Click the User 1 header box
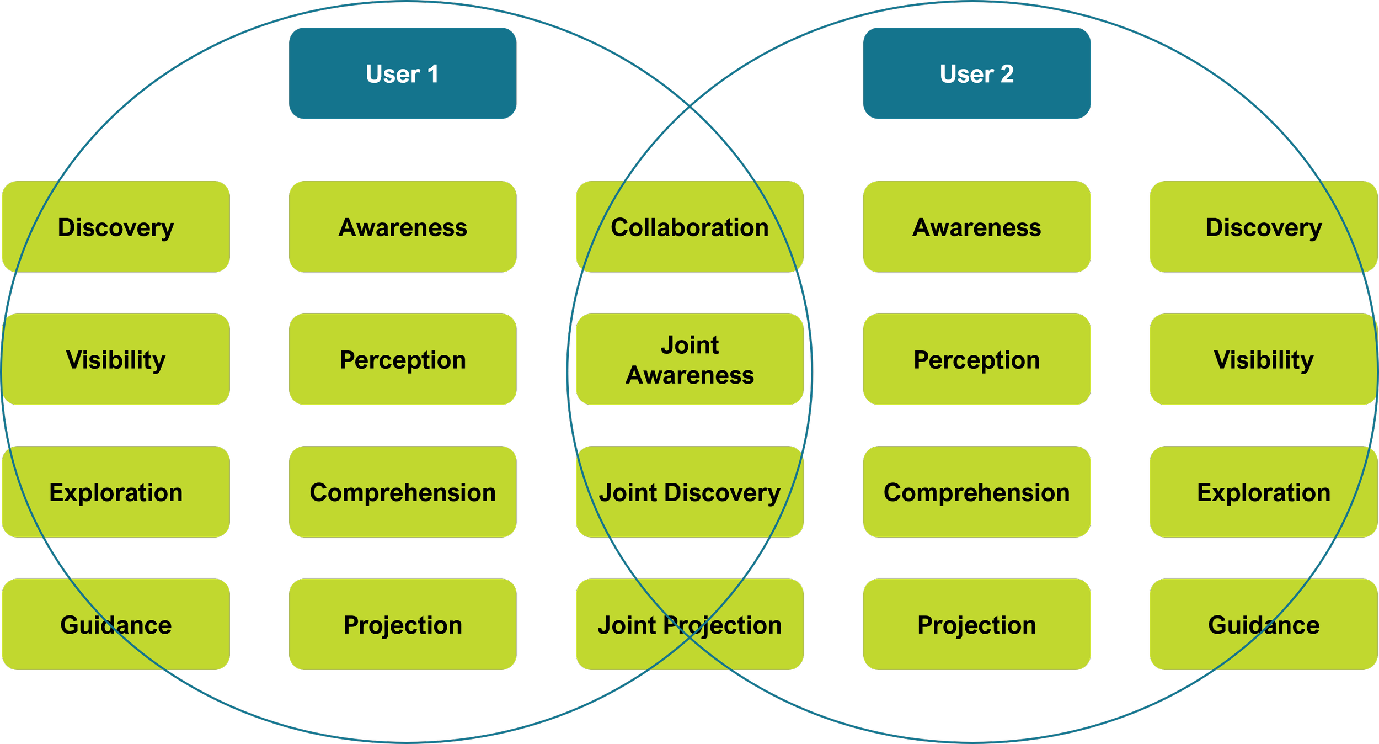(x=403, y=73)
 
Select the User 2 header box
(x=976, y=73)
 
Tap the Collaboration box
(x=689, y=227)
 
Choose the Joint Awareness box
(x=689, y=359)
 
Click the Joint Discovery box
(x=689, y=492)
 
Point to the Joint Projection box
(x=689, y=624)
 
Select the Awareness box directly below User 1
(x=403, y=227)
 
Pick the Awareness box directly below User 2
(x=976, y=227)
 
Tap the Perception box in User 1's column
(x=403, y=359)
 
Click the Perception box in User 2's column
(x=976, y=359)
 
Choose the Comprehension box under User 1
(x=403, y=492)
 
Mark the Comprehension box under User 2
(x=976, y=492)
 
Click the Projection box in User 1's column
(x=403, y=624)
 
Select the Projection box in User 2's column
(x=976, y=624)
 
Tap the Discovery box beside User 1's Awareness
(x=116, y=227)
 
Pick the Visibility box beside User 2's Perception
(x=1263, y=359)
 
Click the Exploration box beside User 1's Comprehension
(x=116, y=492)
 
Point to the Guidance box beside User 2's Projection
(x=1263, y=624)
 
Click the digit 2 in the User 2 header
(x=1007, y=74)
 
